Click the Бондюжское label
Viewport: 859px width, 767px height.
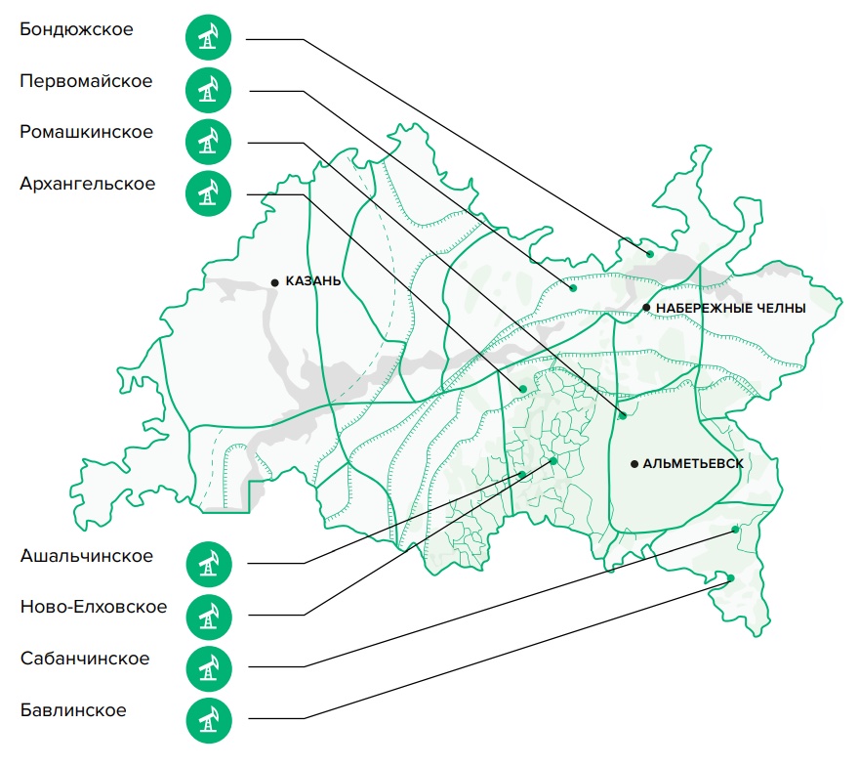coord(76,29)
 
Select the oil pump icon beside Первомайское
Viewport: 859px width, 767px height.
coord(208,90)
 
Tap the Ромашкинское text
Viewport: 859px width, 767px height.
coord(87,132)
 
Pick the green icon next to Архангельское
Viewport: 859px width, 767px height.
coord(208,193)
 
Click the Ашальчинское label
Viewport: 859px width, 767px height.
coord(87,556)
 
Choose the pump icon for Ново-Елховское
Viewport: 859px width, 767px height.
coord(209,617)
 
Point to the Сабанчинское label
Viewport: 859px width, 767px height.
coord(85,659)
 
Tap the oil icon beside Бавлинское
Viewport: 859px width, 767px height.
coord(209,720)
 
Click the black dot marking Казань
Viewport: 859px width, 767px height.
coord(275,283)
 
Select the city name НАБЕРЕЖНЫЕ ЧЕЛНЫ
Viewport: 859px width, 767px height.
coord(731,308)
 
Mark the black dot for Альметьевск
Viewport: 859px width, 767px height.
coord(634,464)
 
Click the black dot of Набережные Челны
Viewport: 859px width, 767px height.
coord(646,308)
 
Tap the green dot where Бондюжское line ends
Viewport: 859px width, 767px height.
coord(650,254)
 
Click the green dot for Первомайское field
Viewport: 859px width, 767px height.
coord(573,288)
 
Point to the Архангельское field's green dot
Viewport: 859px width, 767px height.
coord(523,389)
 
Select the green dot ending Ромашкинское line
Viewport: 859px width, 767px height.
coord(623,416)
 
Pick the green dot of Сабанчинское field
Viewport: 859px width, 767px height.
coord(736,530)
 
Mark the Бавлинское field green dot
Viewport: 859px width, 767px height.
coord(731,578)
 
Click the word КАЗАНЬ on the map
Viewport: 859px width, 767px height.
coord(313,281)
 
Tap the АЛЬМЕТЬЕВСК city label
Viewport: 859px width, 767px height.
coord(693,464)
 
